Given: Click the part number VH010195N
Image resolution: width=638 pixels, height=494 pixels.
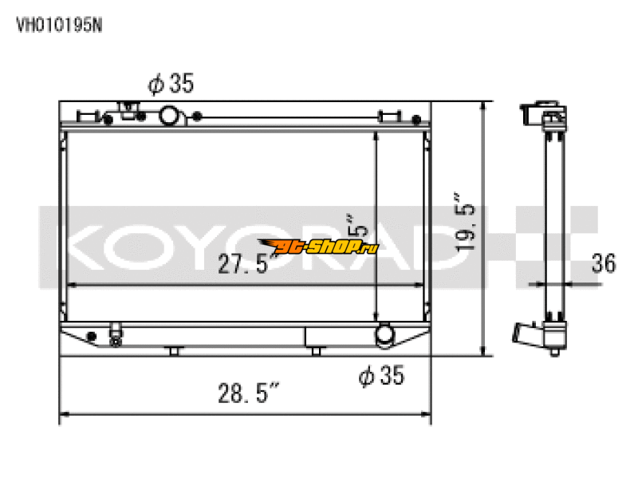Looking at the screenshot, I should tap(59, 24).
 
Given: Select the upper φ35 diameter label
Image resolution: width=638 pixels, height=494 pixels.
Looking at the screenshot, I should tap(171, 83).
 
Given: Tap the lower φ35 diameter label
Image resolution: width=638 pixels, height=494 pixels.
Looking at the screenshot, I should tap(382, 375).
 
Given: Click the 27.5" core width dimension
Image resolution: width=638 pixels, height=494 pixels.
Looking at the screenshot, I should tap(245, 264).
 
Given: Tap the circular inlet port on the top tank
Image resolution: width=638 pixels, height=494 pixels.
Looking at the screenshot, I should tap(171, 117).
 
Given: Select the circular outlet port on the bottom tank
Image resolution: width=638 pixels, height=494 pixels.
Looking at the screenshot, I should tap(386, 334).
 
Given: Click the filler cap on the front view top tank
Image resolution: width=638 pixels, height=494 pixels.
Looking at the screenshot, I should tap(128, 110).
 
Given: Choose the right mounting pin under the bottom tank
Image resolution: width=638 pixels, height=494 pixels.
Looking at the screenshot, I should tap(317, 350).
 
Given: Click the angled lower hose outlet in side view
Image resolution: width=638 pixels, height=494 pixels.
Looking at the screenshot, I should tap(526, 334).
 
